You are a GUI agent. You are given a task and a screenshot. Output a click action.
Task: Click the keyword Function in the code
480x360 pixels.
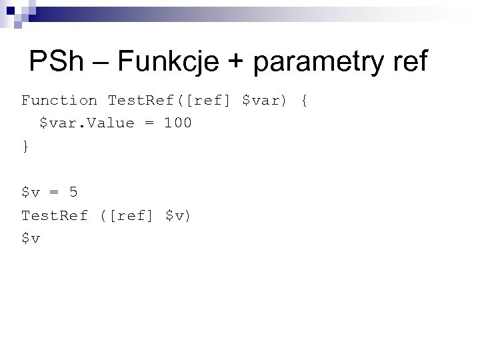(59, 101)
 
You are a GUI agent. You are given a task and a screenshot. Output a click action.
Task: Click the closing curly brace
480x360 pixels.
(25, 147)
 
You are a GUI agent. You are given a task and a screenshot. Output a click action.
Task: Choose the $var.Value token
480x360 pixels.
(87, 123)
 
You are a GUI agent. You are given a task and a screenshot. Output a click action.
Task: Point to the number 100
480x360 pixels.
(177, 123)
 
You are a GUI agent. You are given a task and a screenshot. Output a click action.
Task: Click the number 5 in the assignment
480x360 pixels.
(73, 193)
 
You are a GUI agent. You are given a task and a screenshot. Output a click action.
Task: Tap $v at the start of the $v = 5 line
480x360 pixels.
(31, 193)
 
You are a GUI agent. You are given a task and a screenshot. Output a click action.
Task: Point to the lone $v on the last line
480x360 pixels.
(31, 239)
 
